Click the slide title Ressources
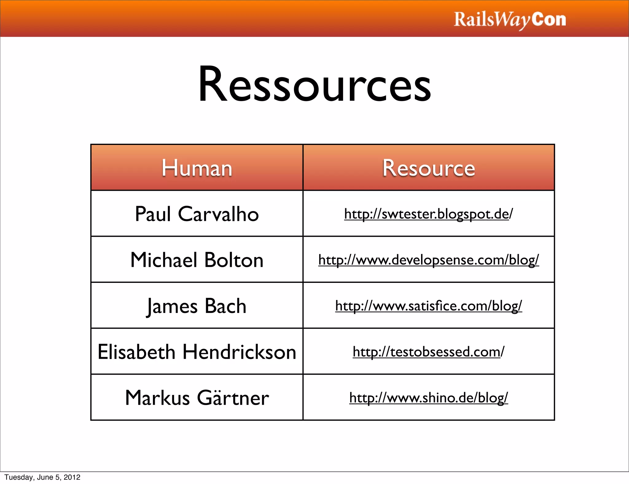pyautogui.click(x=314, y=84)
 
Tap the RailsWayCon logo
pyautogui.click(x=510, y=20)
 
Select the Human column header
pyautogui.click(x=197, y=168)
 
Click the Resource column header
pyautogui.click(x=429, y=168)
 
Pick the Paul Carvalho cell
pyautogui.click(x=197, y=214)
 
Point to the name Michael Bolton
pyautogui.click(x=197, y=260)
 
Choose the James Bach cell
pyautogui.click(x=197, y=306)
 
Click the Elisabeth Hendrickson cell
pyautogui.click(x=197, y=352)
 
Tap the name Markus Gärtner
pyautogui.click(x=197, y=398)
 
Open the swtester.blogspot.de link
pyautogui.click(x=428, y=214)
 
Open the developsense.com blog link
pyautogui.click(x=428, y=260)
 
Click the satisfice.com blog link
pyautogui.click(x=428, y=306)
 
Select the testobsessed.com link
pyautogui.click(x=428, y=352)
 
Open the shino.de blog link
pyautogui.click(x=428, y=398)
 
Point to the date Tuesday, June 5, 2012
pyautogui.click(x=42, y=477)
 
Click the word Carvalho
pyautogui.click(x=218, y=214)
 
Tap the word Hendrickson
pyautogui.click(x=240, y=352)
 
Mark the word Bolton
pyautogui.click(x=234, y=260)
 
